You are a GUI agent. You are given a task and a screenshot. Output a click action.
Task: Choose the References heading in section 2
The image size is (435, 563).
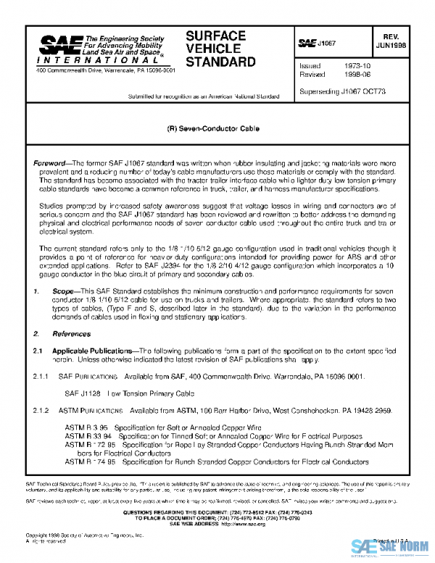[x=71, y=334]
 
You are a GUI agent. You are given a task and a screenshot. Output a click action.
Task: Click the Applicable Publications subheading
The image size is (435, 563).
[x=94, y=350]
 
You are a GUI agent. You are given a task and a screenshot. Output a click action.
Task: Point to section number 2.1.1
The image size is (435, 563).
[x=41, y=378]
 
